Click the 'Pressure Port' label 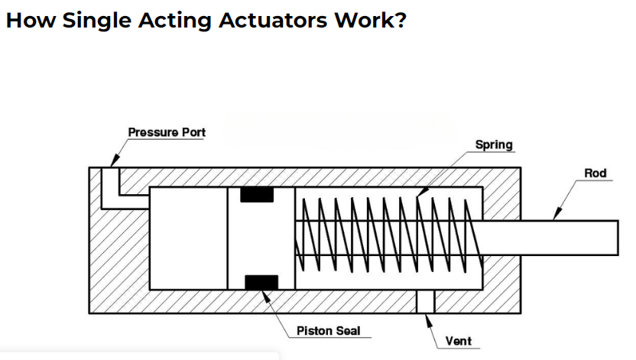point(167,132)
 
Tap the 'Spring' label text point(494,144)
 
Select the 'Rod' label point(595,174)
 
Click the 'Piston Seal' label point(327,331)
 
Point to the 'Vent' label point(458,341)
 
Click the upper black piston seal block point(257,195)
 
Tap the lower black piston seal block point(261,282)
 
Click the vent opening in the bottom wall point(425,301)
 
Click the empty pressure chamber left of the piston point(188,238)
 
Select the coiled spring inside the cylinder point(386,235)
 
